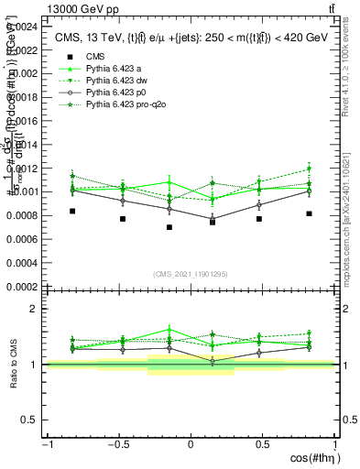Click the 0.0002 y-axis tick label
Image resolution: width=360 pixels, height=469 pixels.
pyautogui.click(x=22, y=287)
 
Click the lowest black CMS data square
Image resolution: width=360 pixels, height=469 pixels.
pyautogui.click(x=169, y=227)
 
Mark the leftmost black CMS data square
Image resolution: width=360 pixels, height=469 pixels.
pyautogui.click(x=72, y=211)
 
